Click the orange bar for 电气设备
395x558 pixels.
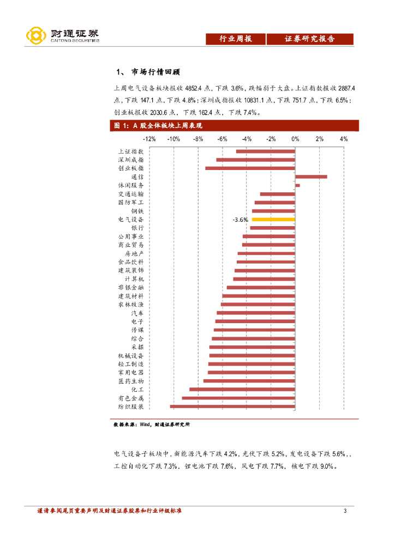(x=273, y=219)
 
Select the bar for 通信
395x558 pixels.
(x=311, y=177)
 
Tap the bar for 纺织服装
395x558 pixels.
(x=232, y=407)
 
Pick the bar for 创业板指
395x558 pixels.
(x=250, y=168)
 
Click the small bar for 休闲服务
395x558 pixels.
(x=297, y=185)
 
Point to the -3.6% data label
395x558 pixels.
(x=240, y=219)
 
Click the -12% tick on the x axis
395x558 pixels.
(x=149, y=139)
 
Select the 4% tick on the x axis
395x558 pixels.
(x=344, y=139)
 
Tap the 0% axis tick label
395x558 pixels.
(x=295, y=139)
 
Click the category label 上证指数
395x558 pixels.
(x=131, y=151)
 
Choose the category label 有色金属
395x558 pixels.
(x=131, y=398)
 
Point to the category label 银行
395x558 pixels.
(x=137, y=228)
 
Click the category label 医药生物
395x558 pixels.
(x=131, y=381)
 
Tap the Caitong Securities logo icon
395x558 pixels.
(x=36, y=36)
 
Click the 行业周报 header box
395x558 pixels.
(x=235, y=39)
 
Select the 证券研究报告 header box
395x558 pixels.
(x=310, y=39)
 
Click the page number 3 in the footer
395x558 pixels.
(x=345, y=511)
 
